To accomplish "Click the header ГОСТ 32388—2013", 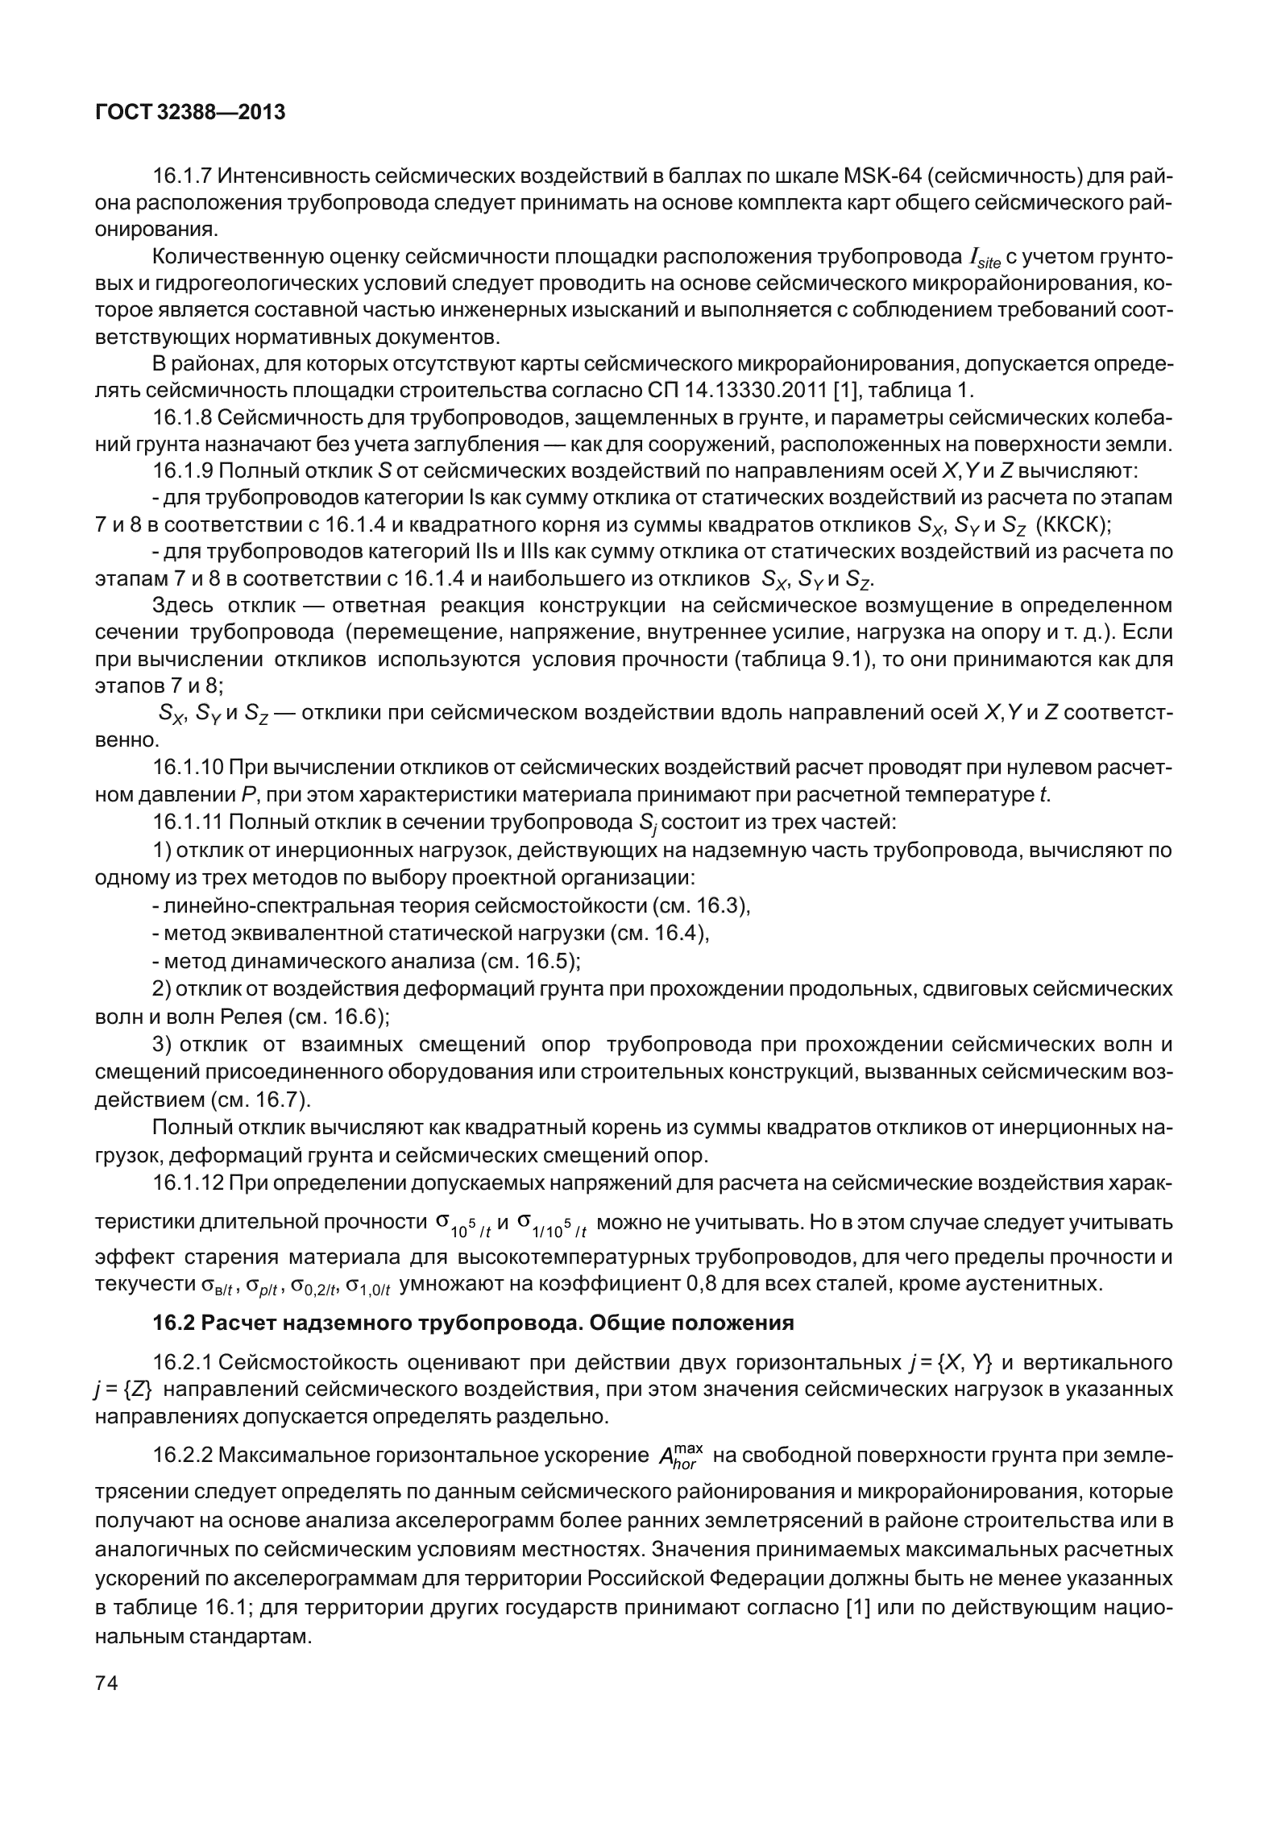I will pyautogui.click(x=190, y=113).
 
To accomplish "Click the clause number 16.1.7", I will pyautogui.click(x=182, y=176).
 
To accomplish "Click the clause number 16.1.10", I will pyautogui.click(x=187, y=767).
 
